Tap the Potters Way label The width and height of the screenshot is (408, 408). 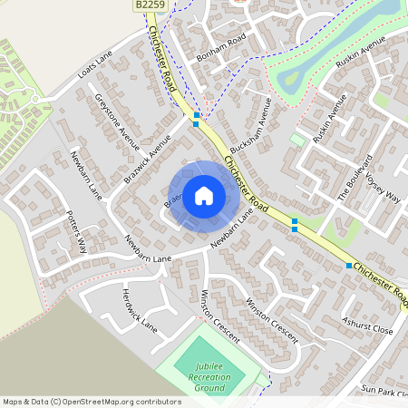[77, 232]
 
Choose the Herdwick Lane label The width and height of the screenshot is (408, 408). [140, 309]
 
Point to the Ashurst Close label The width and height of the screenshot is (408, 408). [367, 325]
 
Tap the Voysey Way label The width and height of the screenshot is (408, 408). [382, 189]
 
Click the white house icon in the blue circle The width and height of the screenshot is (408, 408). [203, 195]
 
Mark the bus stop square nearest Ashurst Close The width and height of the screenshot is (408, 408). [349, 266]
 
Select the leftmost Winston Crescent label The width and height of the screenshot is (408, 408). [215, 314]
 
